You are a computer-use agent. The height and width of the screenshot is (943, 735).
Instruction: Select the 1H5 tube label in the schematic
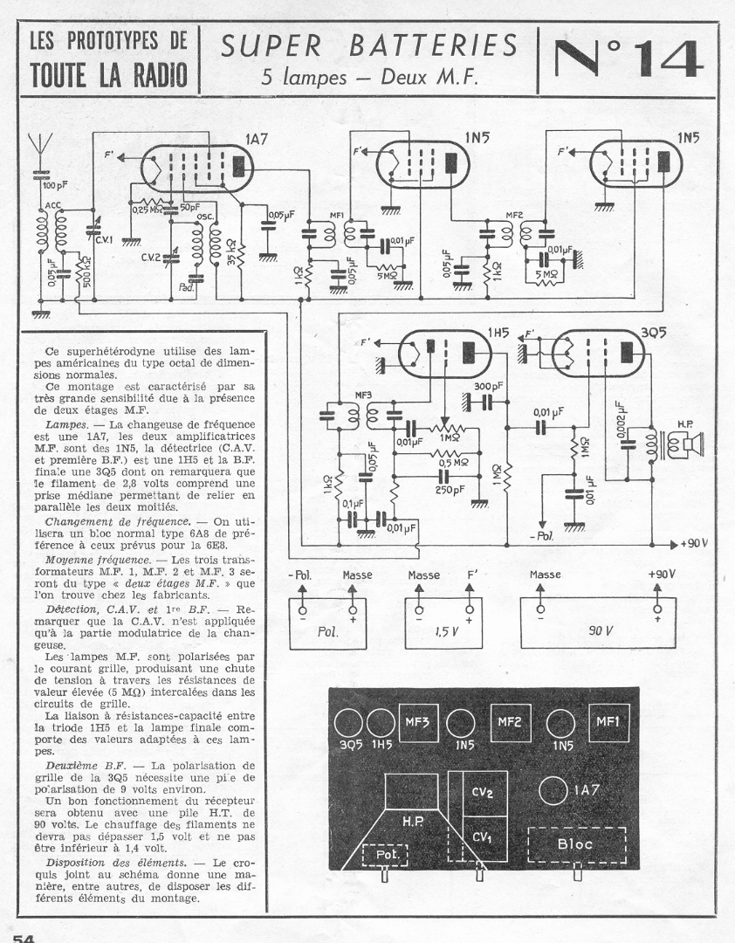tap(498, 332)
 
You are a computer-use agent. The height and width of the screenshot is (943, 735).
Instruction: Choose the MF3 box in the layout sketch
tap(415, 722)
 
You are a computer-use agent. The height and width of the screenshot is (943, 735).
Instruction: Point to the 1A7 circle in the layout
tap(553, 791)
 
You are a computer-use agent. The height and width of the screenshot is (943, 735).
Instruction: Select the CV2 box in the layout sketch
tap(483, 794)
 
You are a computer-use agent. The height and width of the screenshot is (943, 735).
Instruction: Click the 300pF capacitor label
tap(488, 386)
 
